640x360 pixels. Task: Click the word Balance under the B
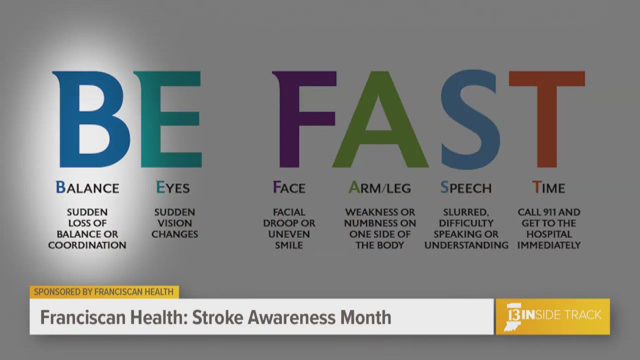click(87, 188)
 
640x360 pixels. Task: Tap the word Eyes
click(173, 188)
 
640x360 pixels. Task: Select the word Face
click(289, 188)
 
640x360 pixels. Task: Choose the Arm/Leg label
click(380, 188)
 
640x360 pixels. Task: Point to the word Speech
click(466, 188)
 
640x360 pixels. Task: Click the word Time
click(549, 188)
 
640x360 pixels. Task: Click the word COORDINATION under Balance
click(87, 245)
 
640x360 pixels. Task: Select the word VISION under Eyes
click(175, 223)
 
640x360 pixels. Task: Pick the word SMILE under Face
click(289, 245)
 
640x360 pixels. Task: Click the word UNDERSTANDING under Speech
click(466, 245)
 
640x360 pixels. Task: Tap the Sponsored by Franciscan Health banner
click(104, 292)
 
